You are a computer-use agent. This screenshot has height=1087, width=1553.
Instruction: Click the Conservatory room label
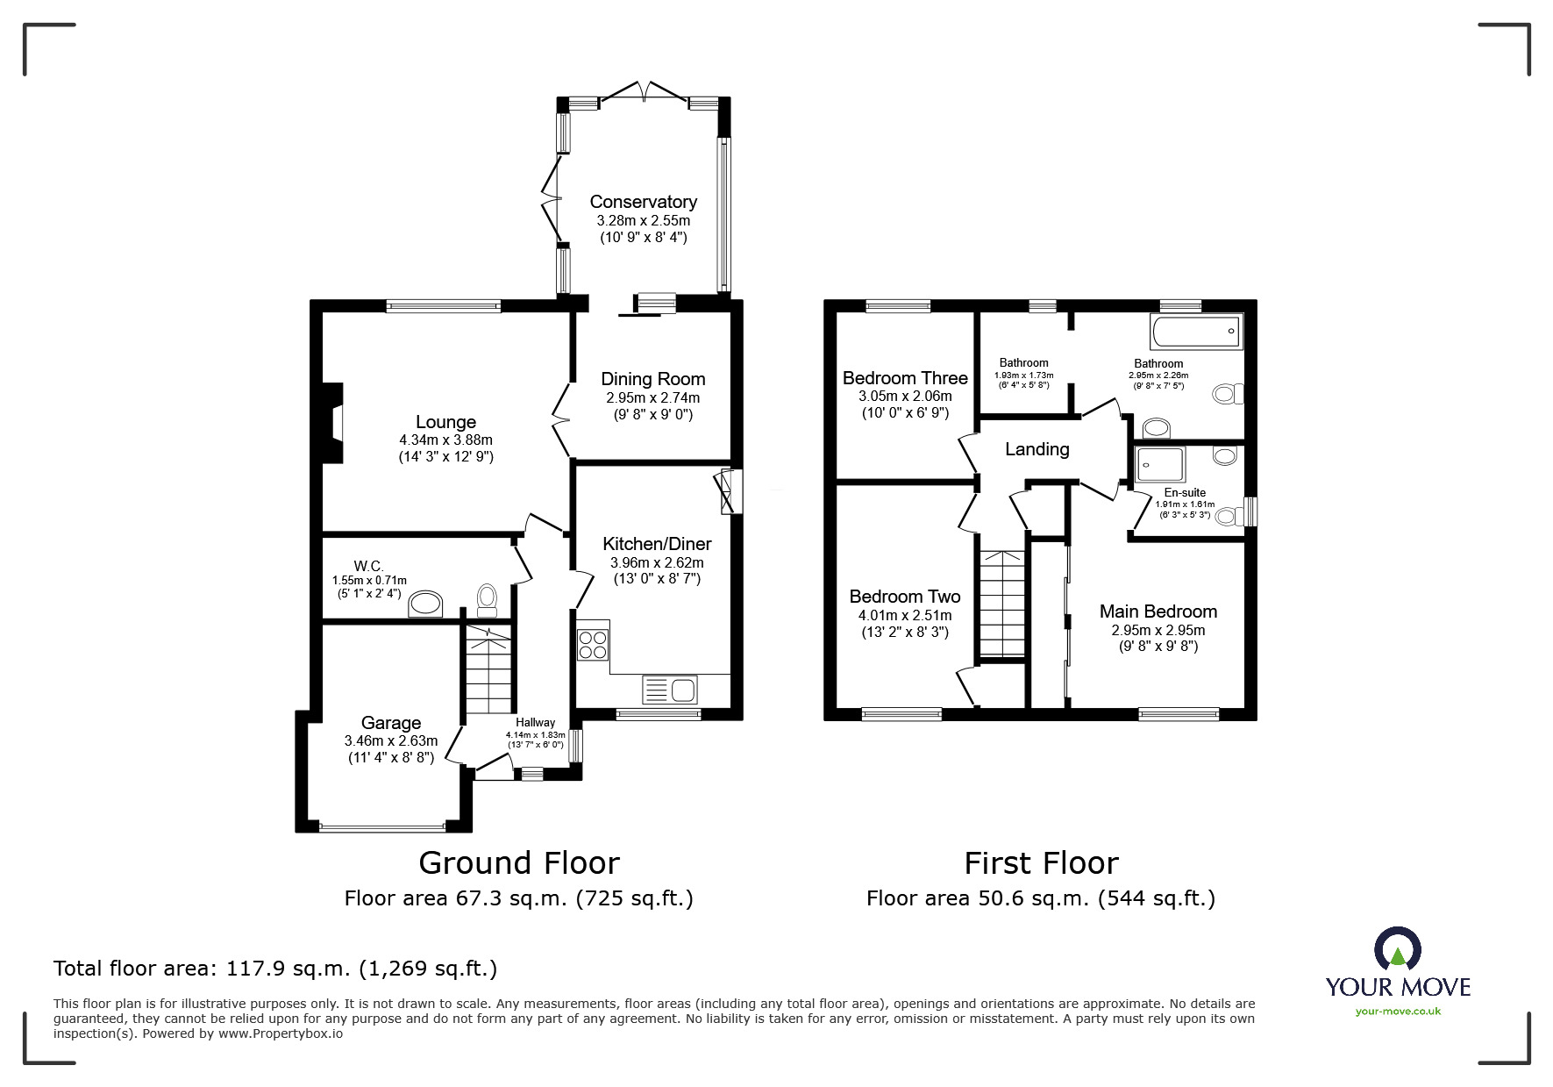click(x=643, y=203)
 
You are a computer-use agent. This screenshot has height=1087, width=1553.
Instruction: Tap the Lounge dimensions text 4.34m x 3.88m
click(x=445, y=440)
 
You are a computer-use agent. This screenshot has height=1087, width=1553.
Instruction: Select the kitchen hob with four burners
click(x=593, y=645)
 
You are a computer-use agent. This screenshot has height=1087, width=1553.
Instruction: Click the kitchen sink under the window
click(x=669, y=690)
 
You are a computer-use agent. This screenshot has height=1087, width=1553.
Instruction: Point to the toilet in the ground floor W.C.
click(x=487, y=599)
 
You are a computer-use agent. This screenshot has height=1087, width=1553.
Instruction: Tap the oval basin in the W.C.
click(x=427, y=604)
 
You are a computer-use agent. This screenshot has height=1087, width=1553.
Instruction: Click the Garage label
click(x=391, y=723)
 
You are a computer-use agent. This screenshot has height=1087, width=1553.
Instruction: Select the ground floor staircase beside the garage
click(x=487, y=672)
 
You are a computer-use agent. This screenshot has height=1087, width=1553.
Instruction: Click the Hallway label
click(x=535, y=722)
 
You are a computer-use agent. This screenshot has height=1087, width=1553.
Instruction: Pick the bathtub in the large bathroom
click(x=1197, y=332)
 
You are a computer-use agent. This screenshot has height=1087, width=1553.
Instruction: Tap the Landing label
click(x=1037, y=449)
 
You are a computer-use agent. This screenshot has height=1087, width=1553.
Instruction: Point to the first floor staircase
click(x=1002, y=604)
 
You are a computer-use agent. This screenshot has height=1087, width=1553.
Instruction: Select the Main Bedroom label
click(x=1158, y=611)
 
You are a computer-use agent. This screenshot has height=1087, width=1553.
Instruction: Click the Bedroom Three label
click(x=905, y=378)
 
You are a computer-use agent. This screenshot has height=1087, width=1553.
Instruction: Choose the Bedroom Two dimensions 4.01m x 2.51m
click(x=904, y=615)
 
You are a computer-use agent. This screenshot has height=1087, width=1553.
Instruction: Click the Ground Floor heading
click(x=519, y=863)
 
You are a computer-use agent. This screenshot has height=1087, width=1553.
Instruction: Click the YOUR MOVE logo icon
click(x=1397, y=949)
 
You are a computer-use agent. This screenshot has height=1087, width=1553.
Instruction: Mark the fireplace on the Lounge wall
click(x=333, y=422)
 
